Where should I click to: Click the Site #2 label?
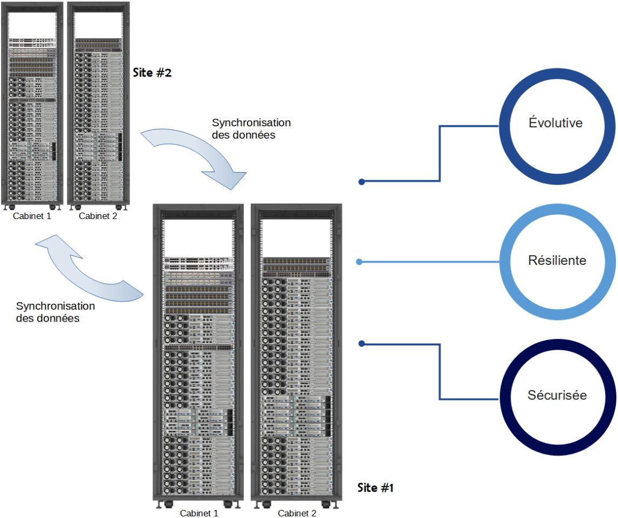(152, 72)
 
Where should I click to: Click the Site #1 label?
(376, 488)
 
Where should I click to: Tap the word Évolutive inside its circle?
(555, 123)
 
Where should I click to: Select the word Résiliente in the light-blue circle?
(557, 261)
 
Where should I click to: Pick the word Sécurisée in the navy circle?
(557, 396)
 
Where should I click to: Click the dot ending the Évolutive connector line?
(362, 182)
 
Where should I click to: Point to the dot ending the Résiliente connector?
(360, 262)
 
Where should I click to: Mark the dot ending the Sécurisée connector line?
(362, 343)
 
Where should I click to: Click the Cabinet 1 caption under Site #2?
(32, 216)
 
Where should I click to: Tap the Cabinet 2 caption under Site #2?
(98, 216)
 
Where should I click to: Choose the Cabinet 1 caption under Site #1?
(199, 513)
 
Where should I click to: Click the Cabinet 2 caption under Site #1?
(297, 513)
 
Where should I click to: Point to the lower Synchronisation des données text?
(56, 312)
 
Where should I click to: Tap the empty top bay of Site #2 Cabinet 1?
(32, 24)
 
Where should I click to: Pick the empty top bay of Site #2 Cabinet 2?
(97, 24)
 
